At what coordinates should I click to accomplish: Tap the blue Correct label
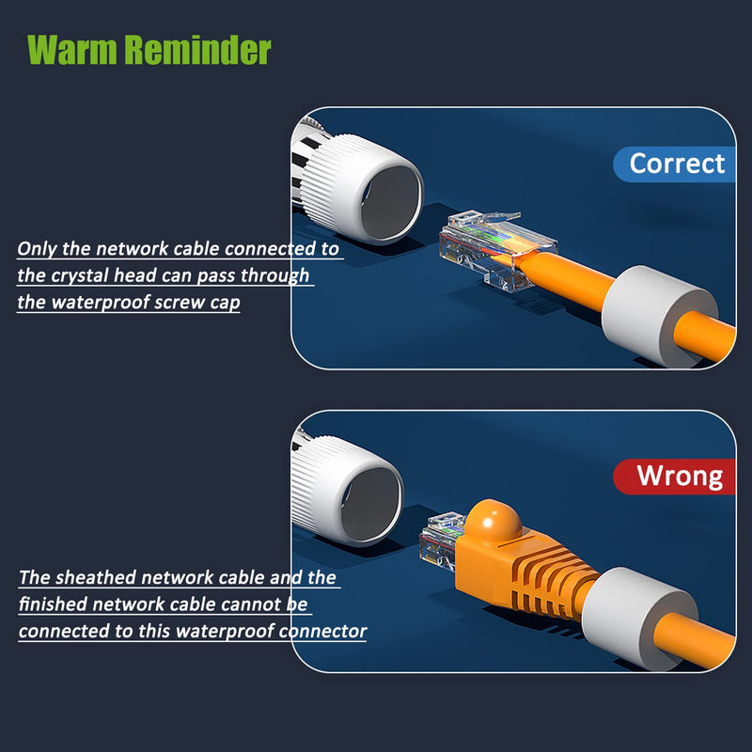click(677, 164)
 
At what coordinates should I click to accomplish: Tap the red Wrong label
click(680, 476)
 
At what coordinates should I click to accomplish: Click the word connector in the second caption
click(322, 631)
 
